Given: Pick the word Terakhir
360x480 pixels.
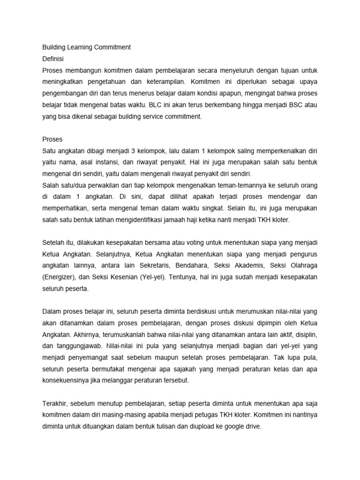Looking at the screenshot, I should pyautogui.click(x=55, y=404).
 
